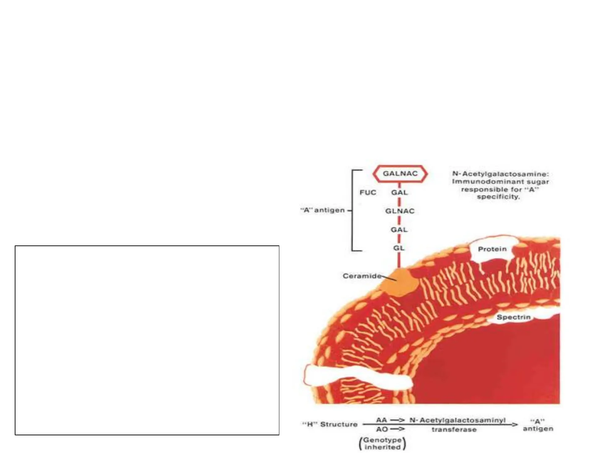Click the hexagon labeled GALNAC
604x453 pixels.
400,174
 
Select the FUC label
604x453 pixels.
368,193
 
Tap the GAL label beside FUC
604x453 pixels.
399,193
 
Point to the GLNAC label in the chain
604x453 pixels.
400,211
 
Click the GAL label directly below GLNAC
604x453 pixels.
399,229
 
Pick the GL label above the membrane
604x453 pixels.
399,248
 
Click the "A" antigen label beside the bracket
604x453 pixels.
323,210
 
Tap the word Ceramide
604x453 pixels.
362,276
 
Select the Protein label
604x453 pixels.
492,249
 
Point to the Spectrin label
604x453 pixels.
513,317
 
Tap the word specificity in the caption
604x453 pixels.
498,196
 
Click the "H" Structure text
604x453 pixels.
330,424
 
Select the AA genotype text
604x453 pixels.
381,420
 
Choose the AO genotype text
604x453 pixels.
382,429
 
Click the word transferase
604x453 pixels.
454,430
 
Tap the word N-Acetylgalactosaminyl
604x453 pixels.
458,420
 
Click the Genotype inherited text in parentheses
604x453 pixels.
382,443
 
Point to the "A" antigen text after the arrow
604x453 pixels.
538,425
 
